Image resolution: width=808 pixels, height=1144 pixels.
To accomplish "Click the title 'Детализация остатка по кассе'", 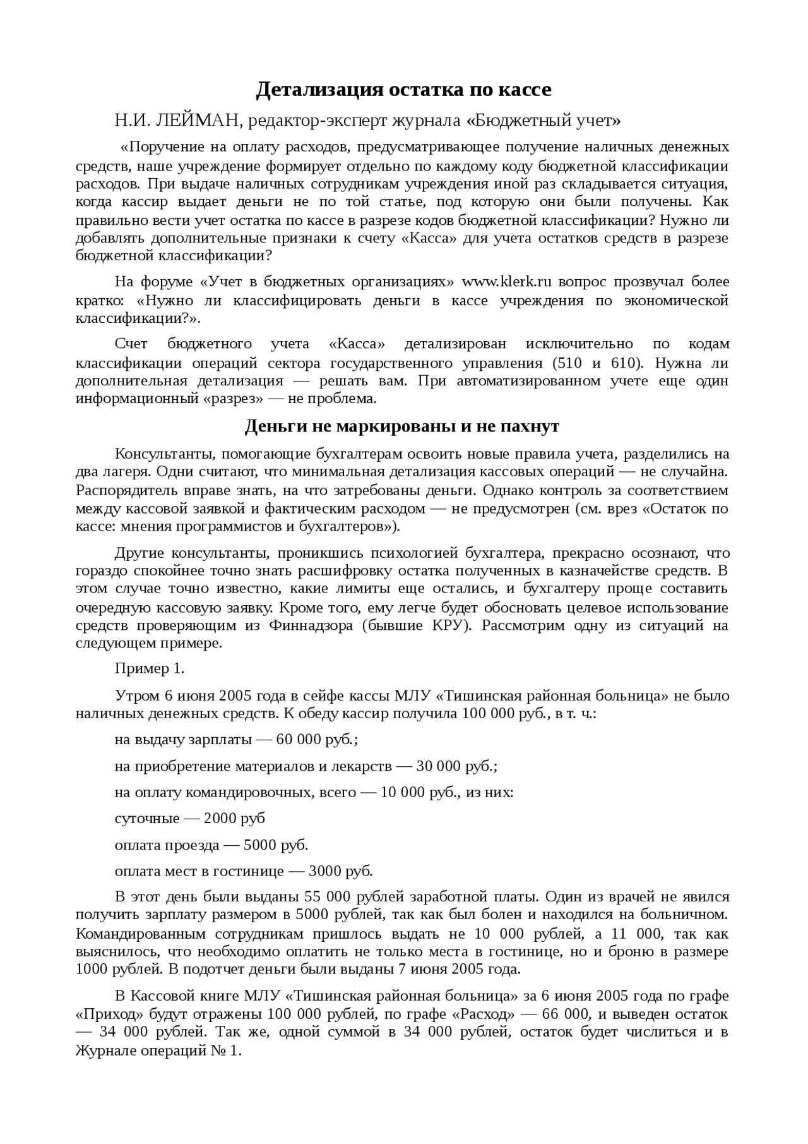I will point(403,90).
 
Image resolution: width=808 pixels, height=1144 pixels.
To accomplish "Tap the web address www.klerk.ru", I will point(508,281).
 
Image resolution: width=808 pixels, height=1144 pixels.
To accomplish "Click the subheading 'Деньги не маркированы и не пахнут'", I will point(401,426).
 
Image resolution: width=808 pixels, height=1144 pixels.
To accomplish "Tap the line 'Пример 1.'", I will point(150,668).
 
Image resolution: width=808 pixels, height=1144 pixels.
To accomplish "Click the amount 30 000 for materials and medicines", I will point(438,766).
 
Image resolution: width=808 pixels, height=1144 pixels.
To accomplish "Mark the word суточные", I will point(147,819).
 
